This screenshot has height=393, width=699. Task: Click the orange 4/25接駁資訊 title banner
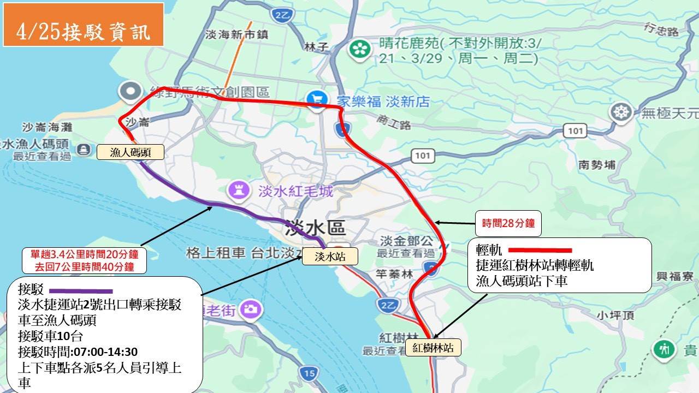point(83,25)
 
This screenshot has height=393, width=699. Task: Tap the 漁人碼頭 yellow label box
point(131,152)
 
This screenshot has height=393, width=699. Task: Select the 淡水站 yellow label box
point(330,256)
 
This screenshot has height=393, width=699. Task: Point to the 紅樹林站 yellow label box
point(433,348)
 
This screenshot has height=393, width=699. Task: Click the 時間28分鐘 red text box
point(508,223)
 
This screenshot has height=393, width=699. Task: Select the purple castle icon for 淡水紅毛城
point(238,190)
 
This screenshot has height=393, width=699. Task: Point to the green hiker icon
point(664,349)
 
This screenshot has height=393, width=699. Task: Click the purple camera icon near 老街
point(251,309)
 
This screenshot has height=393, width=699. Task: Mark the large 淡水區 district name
point(315,228)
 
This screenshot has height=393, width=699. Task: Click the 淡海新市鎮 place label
point(236,34)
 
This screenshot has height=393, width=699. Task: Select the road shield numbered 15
point(310,374)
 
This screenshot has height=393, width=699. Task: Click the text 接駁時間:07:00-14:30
point(78,351)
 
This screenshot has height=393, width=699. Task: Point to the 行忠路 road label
point(662,29)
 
